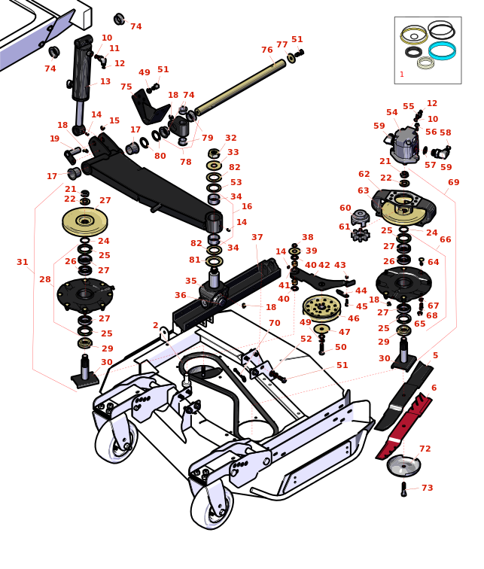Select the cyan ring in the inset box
pyautogui.click(x=442, y=50)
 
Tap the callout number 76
pyautogui.click(x=267, y=50)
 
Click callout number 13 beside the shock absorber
pyautogui.click(x=105, y=82)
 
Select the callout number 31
pyautogui.click(x=23, y=263)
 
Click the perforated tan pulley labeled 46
pyautogui.click(x=321, y=306)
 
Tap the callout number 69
pyautogui.click(x=454, y=183)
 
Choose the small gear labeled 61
pyautogui.click(x=361, y=235)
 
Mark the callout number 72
pyautogui.click(x=425, y=449)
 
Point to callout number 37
pyautogui.click(x=257, y=238)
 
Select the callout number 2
pyautogui.click(x=156, y=326)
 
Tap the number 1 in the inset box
pyautogui.click(x=402, y=75)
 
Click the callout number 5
pyautogui.click(x=435, y=356)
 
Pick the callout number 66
pyautogui.click(x=446, y=240)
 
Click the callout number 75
pyautogui.click(x=126, y=87)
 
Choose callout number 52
pyautogui.click(x=306, y=339)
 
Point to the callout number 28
pyautogui.click(x=45, y=280)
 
